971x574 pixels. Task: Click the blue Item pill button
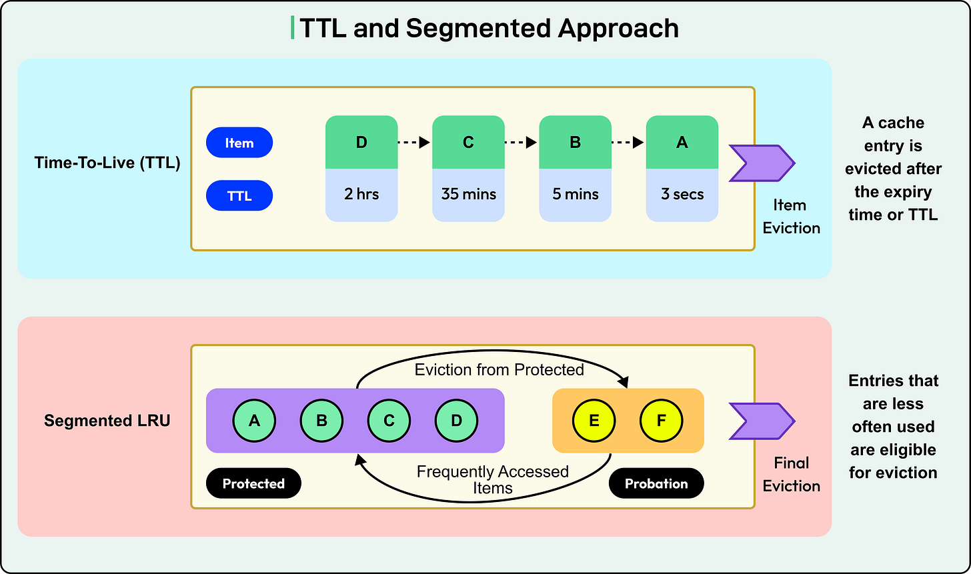239,143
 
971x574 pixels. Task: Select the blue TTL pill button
239,196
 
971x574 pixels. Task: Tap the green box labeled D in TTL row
361,142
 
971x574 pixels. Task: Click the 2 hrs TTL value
361,195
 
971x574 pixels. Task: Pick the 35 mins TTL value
468,195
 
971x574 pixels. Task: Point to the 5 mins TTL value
575,195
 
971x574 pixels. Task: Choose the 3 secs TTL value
682,195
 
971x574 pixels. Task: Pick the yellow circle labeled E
594,421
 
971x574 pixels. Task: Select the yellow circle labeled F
662,421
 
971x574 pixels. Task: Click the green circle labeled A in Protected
254,421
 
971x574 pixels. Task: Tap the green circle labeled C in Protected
389,421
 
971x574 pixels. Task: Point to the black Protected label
253,483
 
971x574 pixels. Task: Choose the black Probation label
656,483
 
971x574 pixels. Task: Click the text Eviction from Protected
499,369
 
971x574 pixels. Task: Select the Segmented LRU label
107,421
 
